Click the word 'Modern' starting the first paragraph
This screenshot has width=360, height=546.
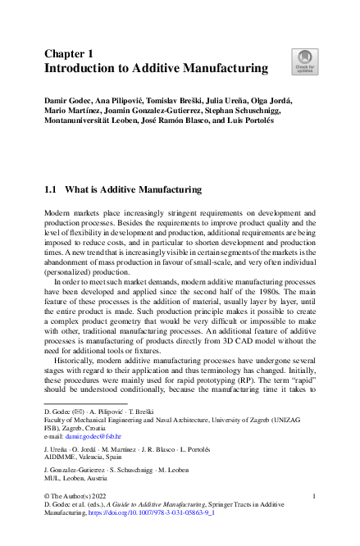click(x=57, y=212)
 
